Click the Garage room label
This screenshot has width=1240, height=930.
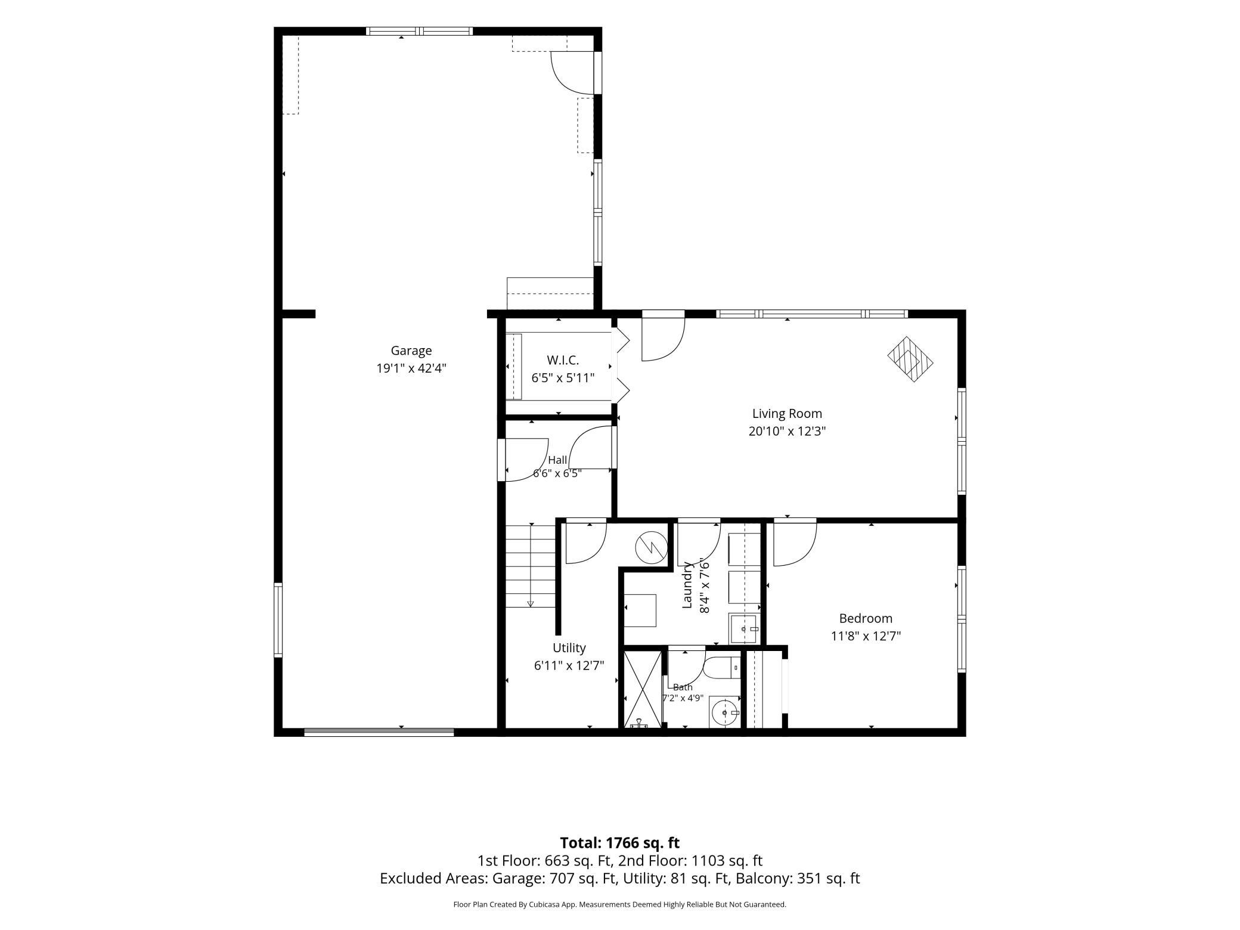(411, 351)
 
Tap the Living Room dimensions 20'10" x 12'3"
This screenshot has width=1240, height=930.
(787, 431)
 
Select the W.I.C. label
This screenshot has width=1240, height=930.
(563, 360)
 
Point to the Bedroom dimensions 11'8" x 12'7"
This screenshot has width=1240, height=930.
(866, 636)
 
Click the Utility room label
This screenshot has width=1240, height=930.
(569, 648)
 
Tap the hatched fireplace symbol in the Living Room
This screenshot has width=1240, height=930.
(910, 359)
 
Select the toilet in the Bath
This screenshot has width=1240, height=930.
(721, 668)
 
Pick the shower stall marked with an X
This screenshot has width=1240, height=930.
(643, 689)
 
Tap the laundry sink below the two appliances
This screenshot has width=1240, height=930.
(745, 628)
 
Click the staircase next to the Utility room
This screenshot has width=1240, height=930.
(531, 566)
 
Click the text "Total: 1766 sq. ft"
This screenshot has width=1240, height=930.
(620, 843)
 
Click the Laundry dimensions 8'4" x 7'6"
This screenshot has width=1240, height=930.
(705, 585)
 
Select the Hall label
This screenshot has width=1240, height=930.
(558, 460)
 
